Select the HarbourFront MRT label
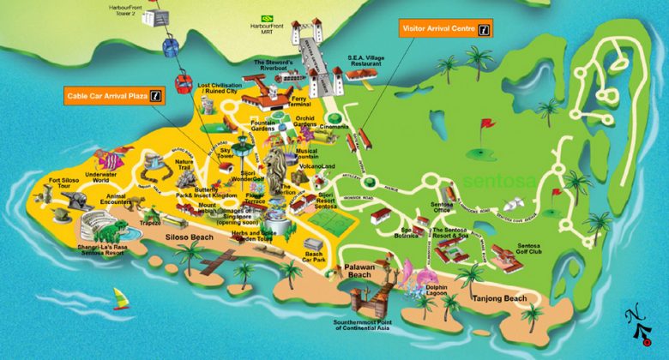pyautogui.click(x=265, y=27)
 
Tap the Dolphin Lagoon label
pyautogui.click(x=438, y=292)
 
